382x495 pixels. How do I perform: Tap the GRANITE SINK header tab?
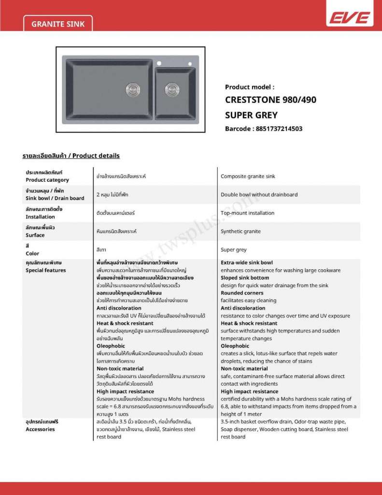(x=57, y=23)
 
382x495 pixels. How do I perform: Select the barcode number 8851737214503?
(x=277, y=129)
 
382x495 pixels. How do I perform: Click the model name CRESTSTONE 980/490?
(x=270, y=101)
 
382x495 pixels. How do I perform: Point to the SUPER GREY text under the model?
(x=251, y=116)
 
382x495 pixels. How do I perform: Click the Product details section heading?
(x=71, y=156)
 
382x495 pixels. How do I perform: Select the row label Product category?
(x=47, y=180)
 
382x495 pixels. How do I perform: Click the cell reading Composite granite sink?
(x=248, y=176)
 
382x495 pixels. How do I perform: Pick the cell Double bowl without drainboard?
(x=259, y=195)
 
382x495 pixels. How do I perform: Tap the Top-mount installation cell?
(x=247, y=213)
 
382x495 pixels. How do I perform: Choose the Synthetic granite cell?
(x=241, y=232)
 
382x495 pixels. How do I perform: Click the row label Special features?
(x=45, y=270)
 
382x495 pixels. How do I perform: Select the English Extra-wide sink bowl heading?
(x=247, y=262)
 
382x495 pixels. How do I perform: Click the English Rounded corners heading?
(x=242, y=293)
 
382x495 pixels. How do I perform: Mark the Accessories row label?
(x=40, y=429)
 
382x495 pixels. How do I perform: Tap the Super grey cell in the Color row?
(x=234, y=250)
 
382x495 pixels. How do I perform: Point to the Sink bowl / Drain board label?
(x=55, y=198)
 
